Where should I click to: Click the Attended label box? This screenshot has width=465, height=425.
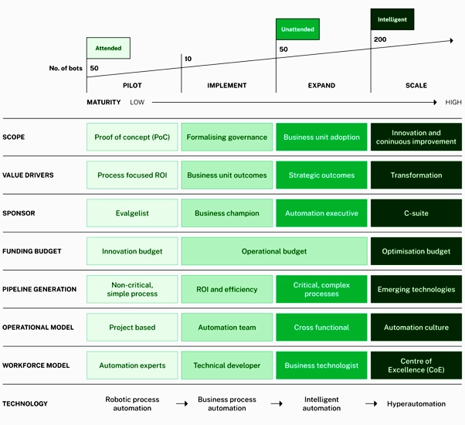coord(108,48)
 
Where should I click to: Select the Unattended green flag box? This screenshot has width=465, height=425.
coord(297,29)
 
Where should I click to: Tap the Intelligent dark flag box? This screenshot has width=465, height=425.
coord(392,19)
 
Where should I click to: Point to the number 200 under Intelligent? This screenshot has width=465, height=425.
coord(380,39)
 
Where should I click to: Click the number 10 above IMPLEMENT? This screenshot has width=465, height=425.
coord(188,59)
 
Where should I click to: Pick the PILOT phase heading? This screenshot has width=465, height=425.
coord(132,86)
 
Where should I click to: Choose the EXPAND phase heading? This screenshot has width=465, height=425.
coord(322,86)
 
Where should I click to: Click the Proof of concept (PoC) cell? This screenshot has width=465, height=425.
coord(132,138)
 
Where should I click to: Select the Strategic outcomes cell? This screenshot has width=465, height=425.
coord(321,175)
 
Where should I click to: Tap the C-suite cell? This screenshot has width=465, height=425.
coord(416,213)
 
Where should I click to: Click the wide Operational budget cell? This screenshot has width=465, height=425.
coord(274,251)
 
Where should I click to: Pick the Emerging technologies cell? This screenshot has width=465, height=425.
coord(416,290)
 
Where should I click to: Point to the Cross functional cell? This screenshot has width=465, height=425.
coord(321,328)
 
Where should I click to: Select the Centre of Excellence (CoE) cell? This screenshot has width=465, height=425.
coord(416,365)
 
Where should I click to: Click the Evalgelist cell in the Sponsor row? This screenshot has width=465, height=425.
coord(132,213)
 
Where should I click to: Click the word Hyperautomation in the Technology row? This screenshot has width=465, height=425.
coord(416,404)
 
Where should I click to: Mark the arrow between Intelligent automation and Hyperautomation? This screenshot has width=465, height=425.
coord(371,404)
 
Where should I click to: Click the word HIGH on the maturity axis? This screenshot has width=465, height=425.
coord(453,102)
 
